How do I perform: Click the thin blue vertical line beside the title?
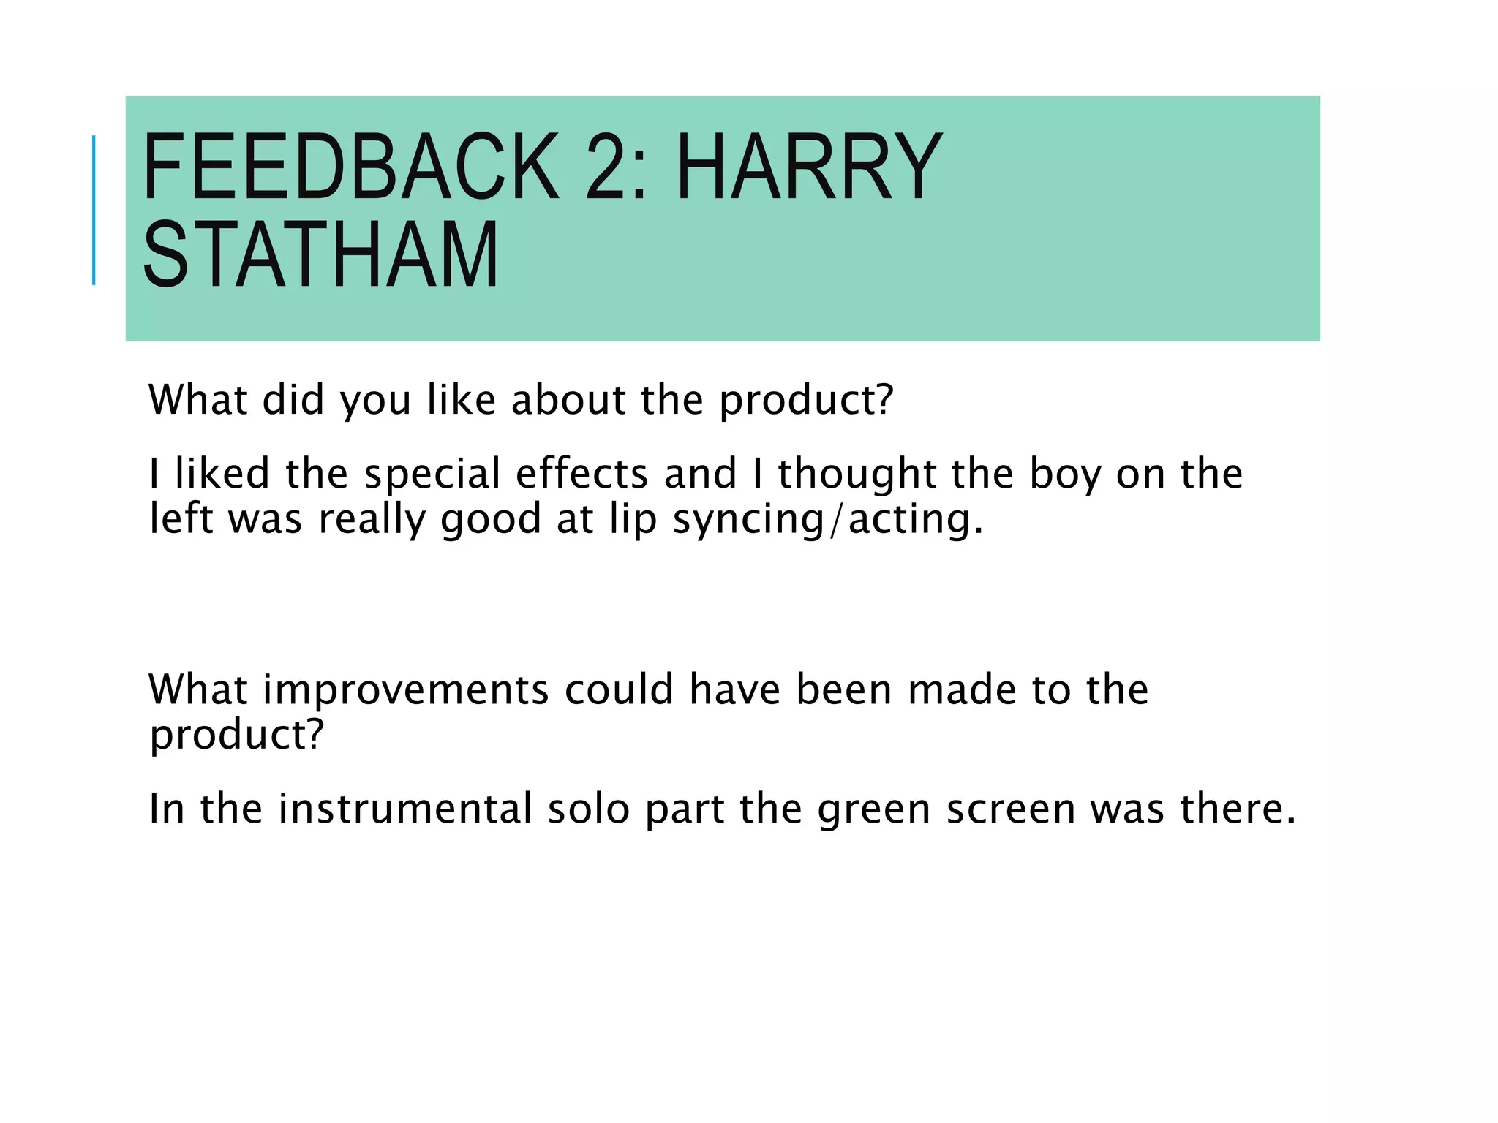[x=94, y=210]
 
